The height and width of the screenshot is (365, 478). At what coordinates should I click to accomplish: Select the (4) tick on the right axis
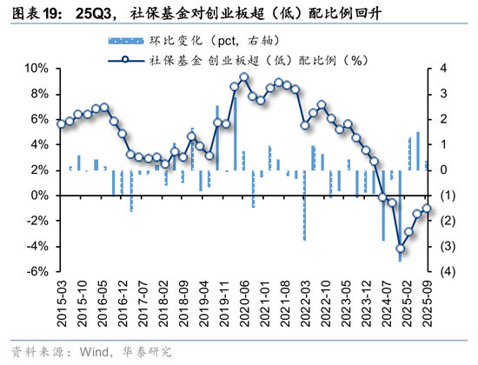click(444, 272)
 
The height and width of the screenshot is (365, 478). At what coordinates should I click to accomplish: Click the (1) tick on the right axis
click(444, 196)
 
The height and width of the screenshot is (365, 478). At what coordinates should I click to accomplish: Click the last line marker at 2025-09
click(427, 208)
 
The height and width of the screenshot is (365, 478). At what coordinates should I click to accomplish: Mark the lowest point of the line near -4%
click(400, 248)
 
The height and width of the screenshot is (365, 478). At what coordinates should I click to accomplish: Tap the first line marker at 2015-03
click(61, 124)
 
